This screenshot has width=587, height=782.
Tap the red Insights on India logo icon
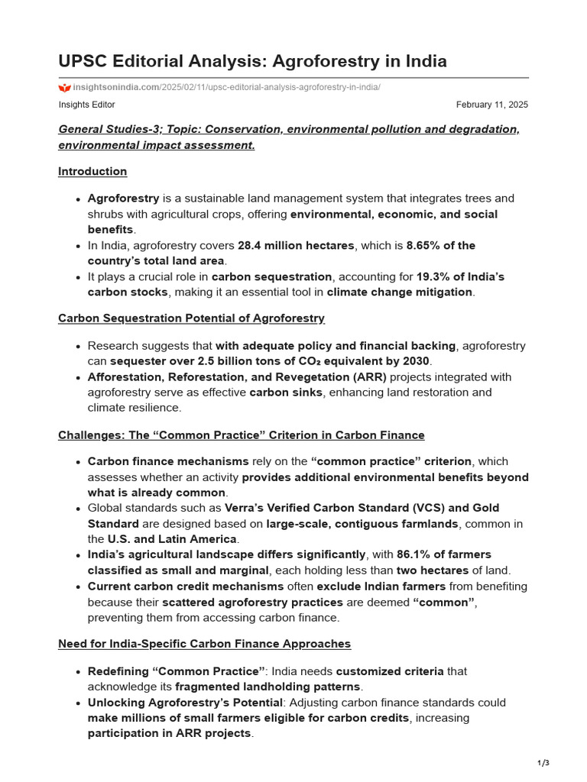pos(64,87)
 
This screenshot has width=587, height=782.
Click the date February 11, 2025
pos(491,105)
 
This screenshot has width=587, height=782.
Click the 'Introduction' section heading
pos(92,171)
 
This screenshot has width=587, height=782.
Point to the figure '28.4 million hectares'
pos(296,245)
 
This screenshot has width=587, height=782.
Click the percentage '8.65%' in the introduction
pos(423,245)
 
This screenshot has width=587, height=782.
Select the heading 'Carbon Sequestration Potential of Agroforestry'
pos(191,318)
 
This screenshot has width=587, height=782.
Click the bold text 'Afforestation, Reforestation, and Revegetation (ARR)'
pos(237,377)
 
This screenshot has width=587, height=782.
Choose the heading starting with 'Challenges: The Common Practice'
pos(241,435)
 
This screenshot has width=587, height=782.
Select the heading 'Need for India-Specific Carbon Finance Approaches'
pos(204,644)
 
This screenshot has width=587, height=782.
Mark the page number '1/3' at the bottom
pos(543,763)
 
